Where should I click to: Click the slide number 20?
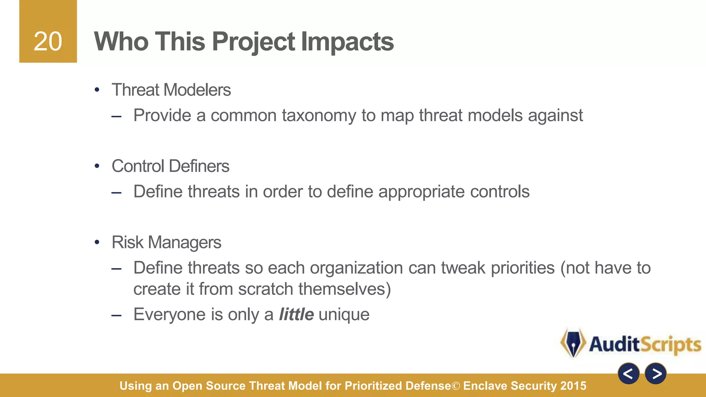coord(48,42)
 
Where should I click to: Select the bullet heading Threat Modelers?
coord(171,90)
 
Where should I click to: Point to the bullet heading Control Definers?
coord(170,166)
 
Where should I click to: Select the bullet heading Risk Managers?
coord(166,242)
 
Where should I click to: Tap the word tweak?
coord(463,268)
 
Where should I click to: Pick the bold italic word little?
coord(296,314)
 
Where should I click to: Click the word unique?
coord(344,314)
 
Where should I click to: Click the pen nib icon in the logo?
coord(573,343)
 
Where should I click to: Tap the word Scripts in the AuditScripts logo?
coord(670,344)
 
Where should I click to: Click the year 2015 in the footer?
coord(573,386)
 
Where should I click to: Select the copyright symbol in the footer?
coord(456,386)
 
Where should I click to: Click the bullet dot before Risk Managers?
coord(97,242)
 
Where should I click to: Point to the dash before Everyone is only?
coord(117,315)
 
